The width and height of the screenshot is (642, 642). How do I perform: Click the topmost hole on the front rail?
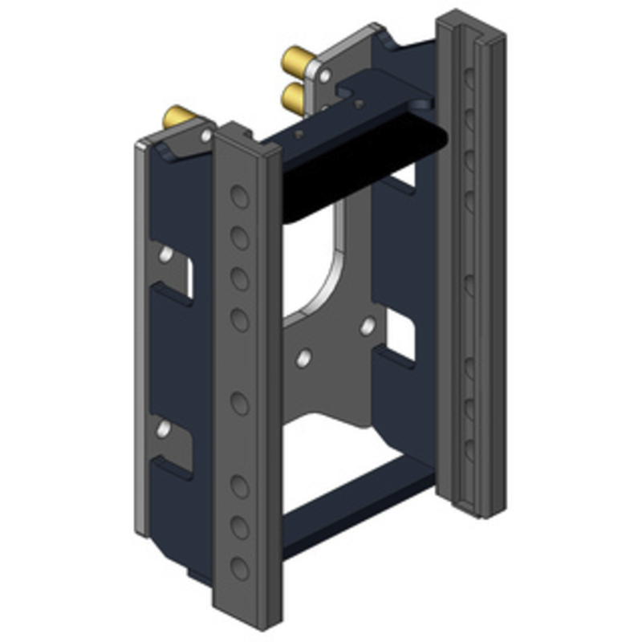click(239, 195)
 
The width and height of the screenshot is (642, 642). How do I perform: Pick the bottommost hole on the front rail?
click(239, 568)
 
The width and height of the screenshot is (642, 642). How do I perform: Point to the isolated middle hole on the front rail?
click(239, 402)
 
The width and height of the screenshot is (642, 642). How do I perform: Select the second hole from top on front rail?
click(239, 238)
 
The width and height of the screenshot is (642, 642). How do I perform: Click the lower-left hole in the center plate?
click(303, 358)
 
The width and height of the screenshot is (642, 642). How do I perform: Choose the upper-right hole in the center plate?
click(368, 326)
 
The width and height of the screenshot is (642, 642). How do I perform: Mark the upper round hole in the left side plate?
click(166, 255)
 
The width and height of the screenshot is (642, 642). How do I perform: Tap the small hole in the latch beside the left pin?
click(206, 136)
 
